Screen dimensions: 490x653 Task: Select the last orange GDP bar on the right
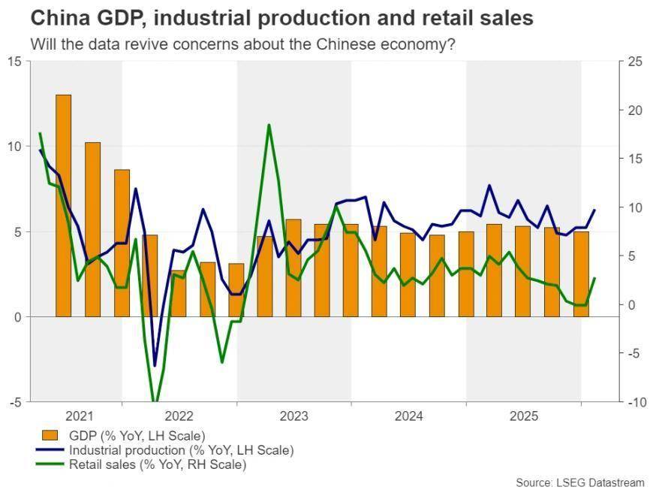tap(581, 274)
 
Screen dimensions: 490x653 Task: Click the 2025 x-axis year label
tap(525, 416)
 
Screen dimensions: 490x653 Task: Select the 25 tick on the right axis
tap(635, 61)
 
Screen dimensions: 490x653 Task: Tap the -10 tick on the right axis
tap(635, 402)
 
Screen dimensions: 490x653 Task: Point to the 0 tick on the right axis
tap(632, 304)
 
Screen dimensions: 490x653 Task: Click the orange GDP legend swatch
tap(50, 435)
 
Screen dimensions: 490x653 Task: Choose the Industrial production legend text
tap(181, 450)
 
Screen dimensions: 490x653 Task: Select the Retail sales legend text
tap(158, 465)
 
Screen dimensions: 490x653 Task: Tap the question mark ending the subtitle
tap(451, 44)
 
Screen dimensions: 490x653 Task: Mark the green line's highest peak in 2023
tap(269, 125)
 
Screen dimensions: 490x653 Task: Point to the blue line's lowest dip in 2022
tap(155, 366)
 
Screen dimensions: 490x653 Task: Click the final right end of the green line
tap(594, 278)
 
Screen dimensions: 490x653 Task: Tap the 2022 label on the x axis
tap(179, 416)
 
